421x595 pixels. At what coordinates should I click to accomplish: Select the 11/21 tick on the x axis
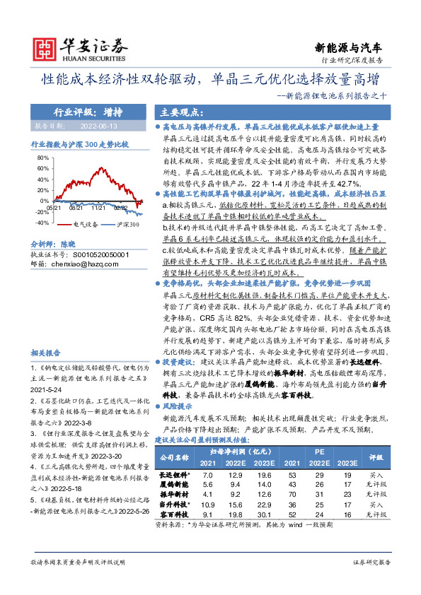[x=98, y=208]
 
